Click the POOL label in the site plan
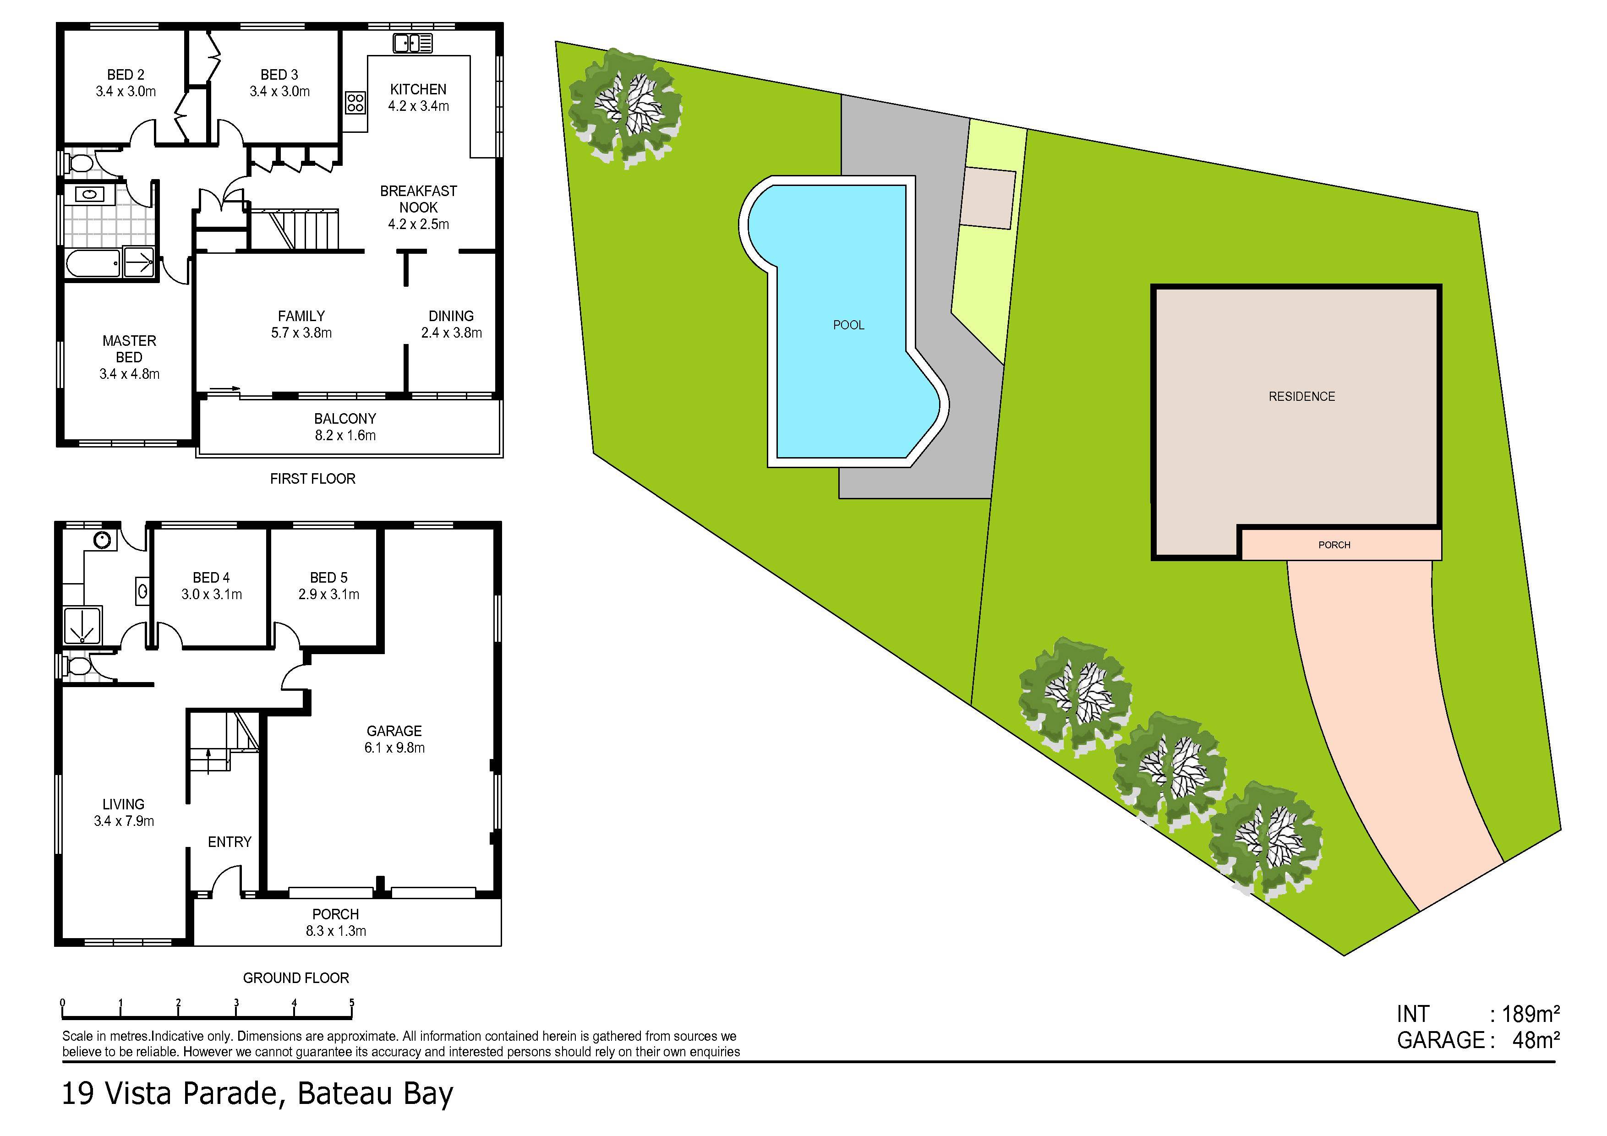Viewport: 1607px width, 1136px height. pyautogui.click(x=848, y=325)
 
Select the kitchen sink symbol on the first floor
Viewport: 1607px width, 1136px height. pyautogui.click(x=413, y=44)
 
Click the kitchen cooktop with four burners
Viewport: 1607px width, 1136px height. pyautogui.click(x=355, y=103)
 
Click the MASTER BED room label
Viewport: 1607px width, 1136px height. pyautogui.click(x=130, y=349)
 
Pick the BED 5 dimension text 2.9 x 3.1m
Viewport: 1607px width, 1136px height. pyautogui.click(x=329, y=594)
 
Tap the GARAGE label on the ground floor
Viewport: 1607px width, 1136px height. pyautogui.click(x=394, y=731)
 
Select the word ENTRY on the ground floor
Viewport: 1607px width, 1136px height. pyautogui.click(x=230, y=841)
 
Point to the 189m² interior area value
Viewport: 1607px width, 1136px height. pyautogui.click(x=1530, y=1014)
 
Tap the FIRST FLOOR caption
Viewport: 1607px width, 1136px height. pyautogui.click(x=313, y=479)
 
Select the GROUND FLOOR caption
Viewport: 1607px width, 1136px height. pyautogui.click(x=296, y=978)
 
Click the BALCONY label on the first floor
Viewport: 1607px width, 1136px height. pyautogui.click(x=345, y=419)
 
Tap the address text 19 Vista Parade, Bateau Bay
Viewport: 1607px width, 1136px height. pyautogui.click(x=257, y=1093)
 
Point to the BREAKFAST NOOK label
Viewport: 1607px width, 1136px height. pyautogui.click(x=419, y=199)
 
